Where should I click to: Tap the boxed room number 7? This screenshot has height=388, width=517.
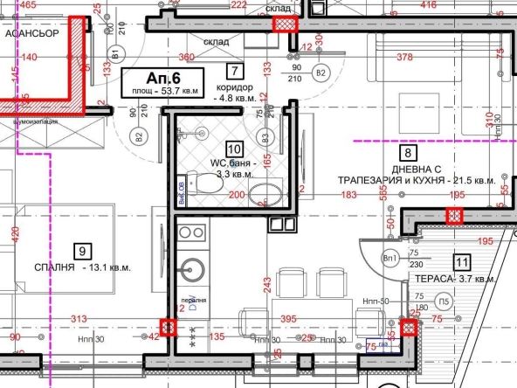pos(233,73)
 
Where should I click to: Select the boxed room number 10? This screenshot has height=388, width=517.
pos(233,149)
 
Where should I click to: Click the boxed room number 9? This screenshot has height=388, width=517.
pos(81,252)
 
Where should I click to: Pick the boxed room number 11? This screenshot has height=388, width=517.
pos(462,261)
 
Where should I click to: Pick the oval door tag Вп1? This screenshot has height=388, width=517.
pos(391,260)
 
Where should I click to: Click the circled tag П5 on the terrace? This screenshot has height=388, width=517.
pos(445,303)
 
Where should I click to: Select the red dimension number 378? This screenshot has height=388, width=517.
pos(404,57)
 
